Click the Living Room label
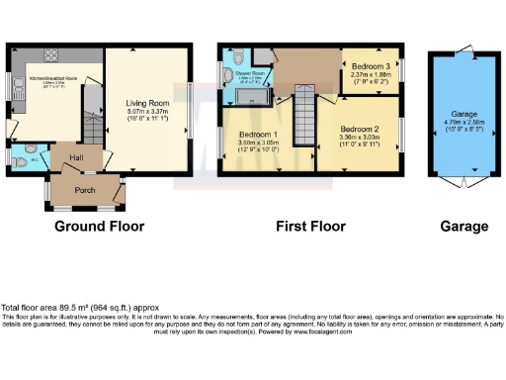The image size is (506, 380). pyautogui.click(x=146, y=102)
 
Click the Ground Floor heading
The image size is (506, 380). pyautogui.click(x=99, y=227)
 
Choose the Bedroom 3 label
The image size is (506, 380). pyautogui.click(x=370, y=65)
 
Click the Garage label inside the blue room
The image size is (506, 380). pyautogui.click(x=464, y=115)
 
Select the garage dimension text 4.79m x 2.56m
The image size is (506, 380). pyautogui.click(x=464, y=123)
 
